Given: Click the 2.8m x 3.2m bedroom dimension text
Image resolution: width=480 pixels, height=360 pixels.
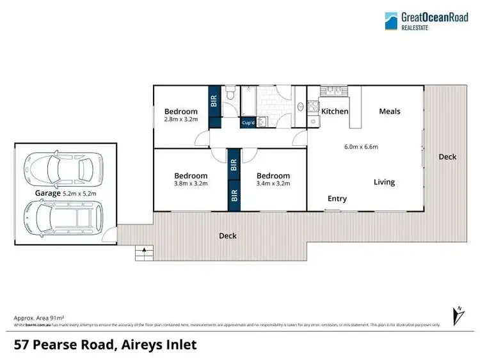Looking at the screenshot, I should (x=181, y=120).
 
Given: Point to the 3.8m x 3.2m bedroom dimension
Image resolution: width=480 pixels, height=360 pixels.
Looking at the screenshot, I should (x=191, y=184).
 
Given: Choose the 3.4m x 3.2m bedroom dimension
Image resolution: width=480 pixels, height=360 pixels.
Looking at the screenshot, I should (x=273, y=184).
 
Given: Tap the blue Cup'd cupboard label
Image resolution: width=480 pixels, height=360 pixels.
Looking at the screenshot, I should (x=248, y=123).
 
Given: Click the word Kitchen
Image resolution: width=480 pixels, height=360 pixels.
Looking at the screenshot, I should (x=335, y=111).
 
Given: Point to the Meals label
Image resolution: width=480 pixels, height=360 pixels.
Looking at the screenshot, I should (x=389, y=111).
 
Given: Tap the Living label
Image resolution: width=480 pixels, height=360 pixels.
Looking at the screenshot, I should (x=384, y=182).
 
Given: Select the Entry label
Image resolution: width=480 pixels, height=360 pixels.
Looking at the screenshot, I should (x=337, y=199).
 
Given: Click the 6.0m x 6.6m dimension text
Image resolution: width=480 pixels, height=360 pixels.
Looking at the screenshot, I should (x=361, y=146).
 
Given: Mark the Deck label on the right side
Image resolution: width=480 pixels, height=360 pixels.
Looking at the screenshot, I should (x=447, y=157).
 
